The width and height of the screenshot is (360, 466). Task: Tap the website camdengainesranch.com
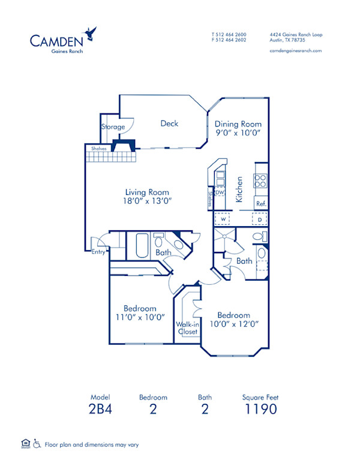click(296, 51)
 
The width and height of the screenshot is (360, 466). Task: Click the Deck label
click(169, 124)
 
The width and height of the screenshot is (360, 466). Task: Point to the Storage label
click(113, 127)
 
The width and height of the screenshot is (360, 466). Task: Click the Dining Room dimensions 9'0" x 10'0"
click(238, 132)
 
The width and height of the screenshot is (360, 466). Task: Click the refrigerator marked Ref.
click(261, 203)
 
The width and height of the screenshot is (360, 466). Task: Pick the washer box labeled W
click(223, 220)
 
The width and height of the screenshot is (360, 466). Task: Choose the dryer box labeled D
click(260, 220)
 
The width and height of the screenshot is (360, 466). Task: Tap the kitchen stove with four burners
click(261, 180)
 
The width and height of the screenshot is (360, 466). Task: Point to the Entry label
click(99, 252)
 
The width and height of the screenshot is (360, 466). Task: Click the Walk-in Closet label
click(187, 327)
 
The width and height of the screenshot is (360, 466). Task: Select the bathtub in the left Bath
click(142, 245)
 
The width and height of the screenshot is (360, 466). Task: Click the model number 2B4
click(101, 410)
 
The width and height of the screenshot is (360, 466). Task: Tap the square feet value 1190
click(260, 410)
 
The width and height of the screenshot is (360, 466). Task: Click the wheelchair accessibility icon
click(37, 444)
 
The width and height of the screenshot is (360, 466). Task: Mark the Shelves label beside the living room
click(100, 148)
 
